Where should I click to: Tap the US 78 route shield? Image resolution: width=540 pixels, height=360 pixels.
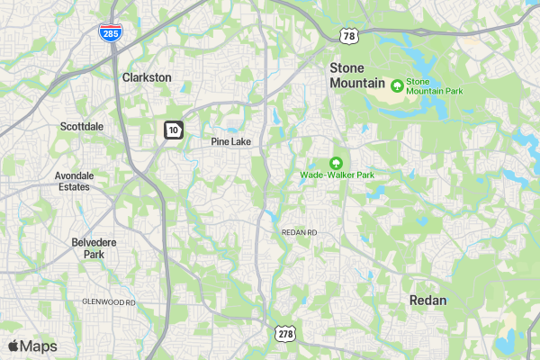click(x=347, y=35)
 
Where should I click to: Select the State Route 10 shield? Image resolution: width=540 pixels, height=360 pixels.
click(x=173, y=130)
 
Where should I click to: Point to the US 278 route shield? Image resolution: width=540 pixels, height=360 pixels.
click(x=286, y=333)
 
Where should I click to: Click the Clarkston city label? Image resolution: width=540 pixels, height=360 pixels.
click(x=146, y=77)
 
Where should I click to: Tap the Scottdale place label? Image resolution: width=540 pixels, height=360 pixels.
click(x=81, y=127)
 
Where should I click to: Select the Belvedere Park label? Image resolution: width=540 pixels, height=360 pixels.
click(x=88, y=247)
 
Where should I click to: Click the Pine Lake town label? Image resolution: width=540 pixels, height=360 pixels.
click(x=230, y=142)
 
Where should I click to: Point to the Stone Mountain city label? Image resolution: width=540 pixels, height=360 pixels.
click(x=357, y=75)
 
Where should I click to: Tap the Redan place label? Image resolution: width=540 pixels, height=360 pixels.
click(x=427, y=300)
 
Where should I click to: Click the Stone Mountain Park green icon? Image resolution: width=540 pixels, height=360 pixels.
click(x=397, y=85)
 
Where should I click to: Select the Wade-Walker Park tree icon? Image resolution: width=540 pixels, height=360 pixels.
click(x=337, y=163)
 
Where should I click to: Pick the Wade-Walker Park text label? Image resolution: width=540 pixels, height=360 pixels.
click(x=337, y=175)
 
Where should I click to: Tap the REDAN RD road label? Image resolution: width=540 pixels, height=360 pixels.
click(x=300, y=232)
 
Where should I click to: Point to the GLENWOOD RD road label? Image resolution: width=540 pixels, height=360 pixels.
click(x=108, y=301)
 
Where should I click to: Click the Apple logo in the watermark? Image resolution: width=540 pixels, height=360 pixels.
click(x=13, y=346)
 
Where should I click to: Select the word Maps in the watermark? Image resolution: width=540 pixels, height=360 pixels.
click(x=39, y=346)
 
